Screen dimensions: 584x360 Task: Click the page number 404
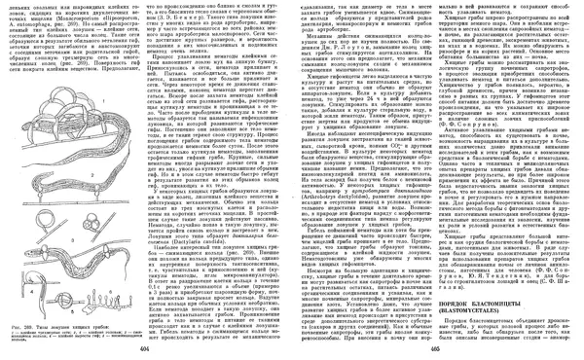tap(144, 347)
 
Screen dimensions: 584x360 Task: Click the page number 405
tap(435, 347)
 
